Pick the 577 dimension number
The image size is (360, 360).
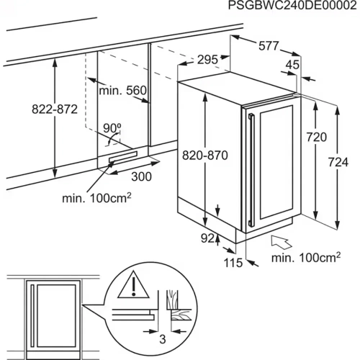269,45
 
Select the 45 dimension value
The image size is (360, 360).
292,65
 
